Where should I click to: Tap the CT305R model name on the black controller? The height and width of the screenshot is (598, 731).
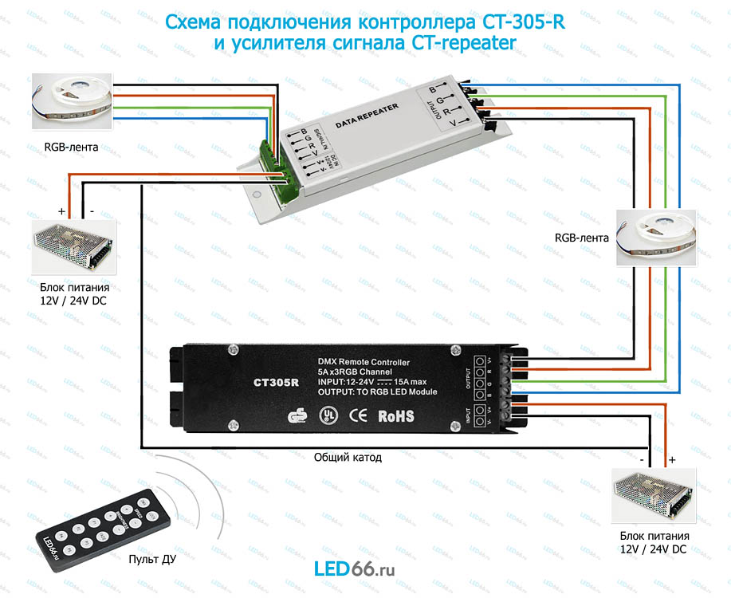pos(276,382)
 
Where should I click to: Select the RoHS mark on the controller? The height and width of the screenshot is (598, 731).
pos(395,415)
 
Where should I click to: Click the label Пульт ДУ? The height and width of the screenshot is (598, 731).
pos(152,559)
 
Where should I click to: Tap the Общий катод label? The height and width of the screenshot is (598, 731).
pos(348,458)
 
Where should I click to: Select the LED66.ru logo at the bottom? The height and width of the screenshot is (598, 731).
pos(355,569)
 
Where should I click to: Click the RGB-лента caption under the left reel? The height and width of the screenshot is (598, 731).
pos(73,148)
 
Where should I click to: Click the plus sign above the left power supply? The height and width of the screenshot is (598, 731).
pos(61,211)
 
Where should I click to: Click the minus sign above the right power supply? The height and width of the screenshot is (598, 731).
pos(641,459)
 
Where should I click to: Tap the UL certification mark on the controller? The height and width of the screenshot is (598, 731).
pos(326,415)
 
